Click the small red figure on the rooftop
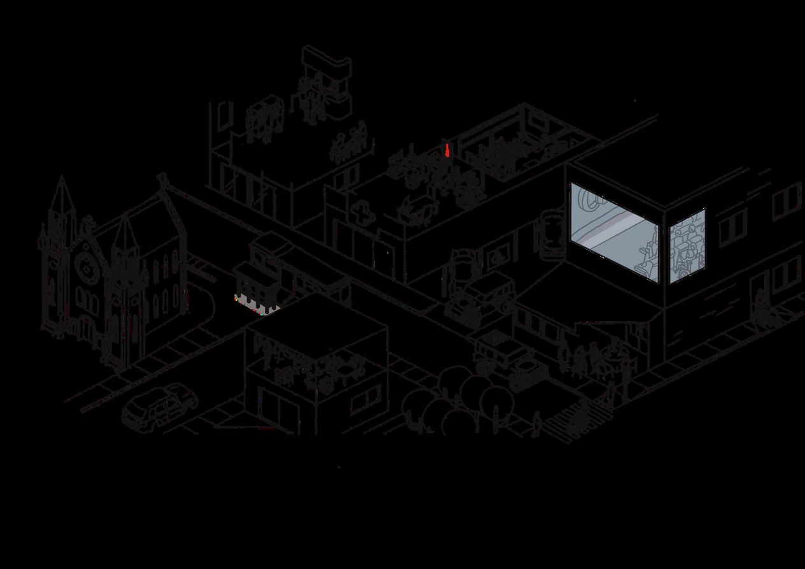click(x=448, y=151)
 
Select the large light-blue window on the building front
click(x=612, y=230)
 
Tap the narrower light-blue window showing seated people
click(x=687, y=245)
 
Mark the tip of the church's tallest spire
click(x=62, y=178)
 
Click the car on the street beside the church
click(x=159, y=407)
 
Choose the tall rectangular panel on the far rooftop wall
click(x=223, y=117)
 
